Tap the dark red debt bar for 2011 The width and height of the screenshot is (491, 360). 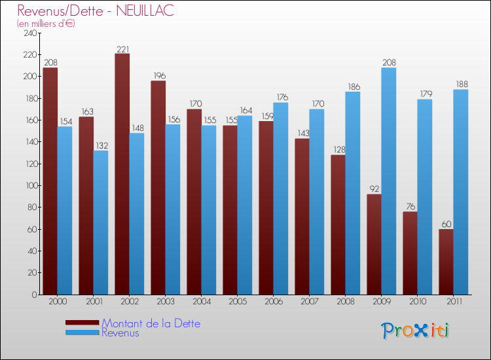coord(446,261)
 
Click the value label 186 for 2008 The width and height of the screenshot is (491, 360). coord(353,86)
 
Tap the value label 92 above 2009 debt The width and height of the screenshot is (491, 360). coord(374,189)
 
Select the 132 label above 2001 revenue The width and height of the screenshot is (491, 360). coord(101,145)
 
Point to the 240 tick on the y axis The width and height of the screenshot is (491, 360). coord(29,33)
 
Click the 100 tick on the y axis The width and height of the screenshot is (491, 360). coord(29,185)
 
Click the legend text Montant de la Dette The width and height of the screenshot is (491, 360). coord(151,323)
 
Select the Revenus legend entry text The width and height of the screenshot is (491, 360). coord(120,333)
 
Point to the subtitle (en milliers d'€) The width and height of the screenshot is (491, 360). coord(46,24)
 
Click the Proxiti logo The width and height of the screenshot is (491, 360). coord(416,331)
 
